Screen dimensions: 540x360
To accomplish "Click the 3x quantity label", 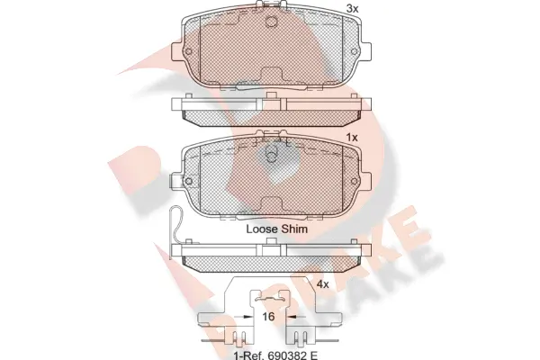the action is [x=352, y=9].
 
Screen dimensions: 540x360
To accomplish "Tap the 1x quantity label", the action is [x=352, y=138].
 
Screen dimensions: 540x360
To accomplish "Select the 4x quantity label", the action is [x=323, y=284].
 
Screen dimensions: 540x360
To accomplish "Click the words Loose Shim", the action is [x=277, y=229].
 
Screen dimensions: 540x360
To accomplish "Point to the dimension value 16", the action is [x=268, y=316].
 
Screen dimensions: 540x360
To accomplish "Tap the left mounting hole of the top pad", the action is [x=188, y=51].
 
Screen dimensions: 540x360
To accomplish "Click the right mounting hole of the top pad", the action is [x=354, y=51].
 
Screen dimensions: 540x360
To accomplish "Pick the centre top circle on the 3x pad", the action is [x=272, y=22].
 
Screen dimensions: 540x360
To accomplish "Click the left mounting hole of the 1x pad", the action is [x=188, y=181].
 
